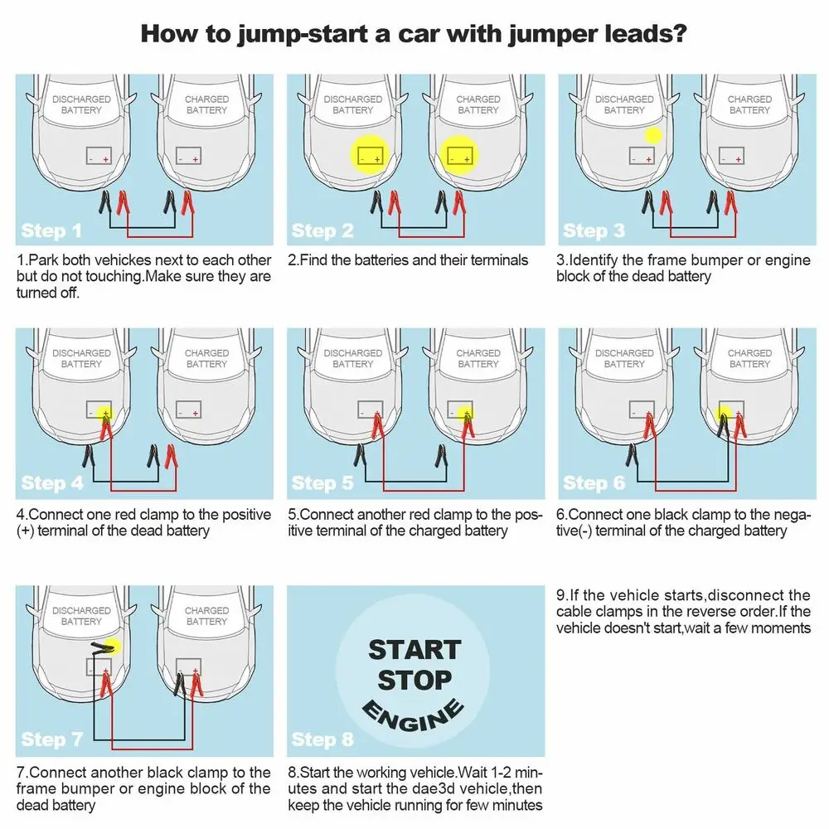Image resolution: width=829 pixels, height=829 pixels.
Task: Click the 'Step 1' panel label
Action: tap(51, 230)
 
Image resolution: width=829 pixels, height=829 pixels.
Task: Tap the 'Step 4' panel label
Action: tap(52, 482)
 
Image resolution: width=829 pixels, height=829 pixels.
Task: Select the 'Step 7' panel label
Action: tap(52, 739)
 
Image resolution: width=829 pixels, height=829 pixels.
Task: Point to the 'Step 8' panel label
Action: tap(322, 739)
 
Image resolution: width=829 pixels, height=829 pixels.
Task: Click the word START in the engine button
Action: tap(414, 649)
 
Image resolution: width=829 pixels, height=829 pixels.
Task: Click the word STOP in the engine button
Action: tap(414, 681)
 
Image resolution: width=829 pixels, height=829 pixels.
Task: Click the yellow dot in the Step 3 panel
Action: tap(654, 136)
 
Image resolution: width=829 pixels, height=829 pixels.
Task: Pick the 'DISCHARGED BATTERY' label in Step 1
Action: tap(81, 104)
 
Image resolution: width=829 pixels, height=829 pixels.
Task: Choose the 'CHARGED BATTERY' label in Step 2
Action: tap(478, 104)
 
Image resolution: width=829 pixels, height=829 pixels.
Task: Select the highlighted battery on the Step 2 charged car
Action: tap(461, 154)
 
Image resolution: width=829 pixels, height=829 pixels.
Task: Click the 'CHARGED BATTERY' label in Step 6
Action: tap(749, 358)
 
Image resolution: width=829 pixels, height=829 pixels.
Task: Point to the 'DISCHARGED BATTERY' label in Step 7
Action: tap(81, 616)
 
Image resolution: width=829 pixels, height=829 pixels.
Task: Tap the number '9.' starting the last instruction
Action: tap(561, 595)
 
